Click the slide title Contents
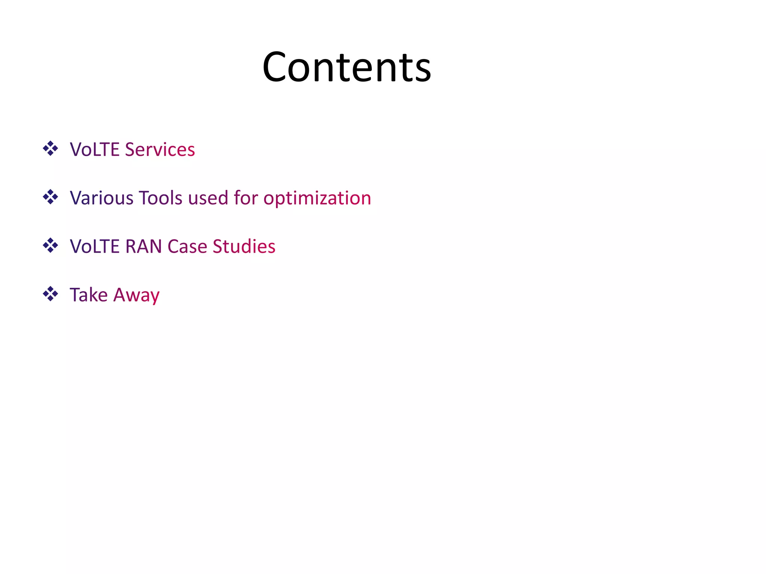(347, 67)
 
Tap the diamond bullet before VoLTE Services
(50, 149)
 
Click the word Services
(160, 149)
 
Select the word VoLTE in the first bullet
(95, 149)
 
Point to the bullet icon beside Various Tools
(50, 197)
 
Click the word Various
(101, 198)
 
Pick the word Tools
(160, 198)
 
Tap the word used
(208, 198)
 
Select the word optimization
(317, 198)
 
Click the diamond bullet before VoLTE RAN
(50, 246)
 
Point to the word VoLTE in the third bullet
(95, 246)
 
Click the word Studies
(244, 246)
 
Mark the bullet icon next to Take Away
(50, 294)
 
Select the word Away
(136, 295)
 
